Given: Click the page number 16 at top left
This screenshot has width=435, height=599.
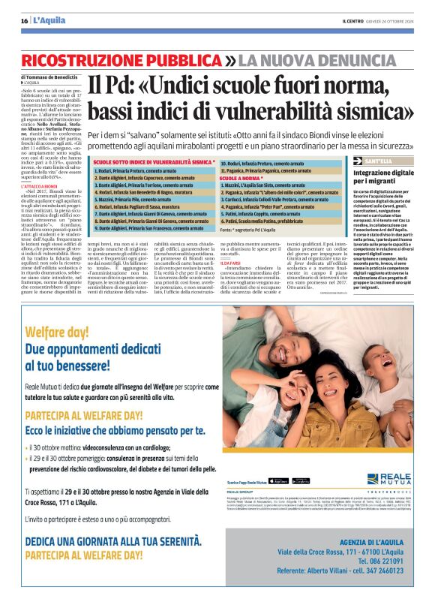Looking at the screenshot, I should pyautogui.click(x=24, y=20).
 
